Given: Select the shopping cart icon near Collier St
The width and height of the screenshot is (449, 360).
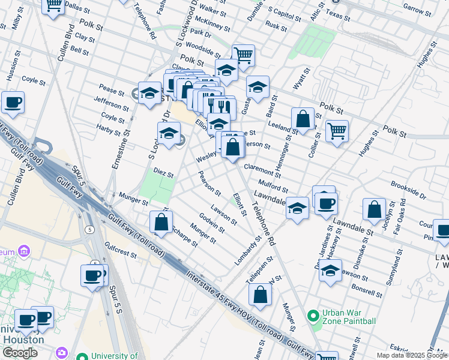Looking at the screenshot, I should click(337, 131).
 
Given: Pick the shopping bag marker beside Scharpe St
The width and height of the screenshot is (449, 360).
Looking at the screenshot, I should click(161, 221).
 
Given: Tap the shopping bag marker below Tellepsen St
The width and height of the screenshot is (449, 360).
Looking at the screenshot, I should click(260, 295).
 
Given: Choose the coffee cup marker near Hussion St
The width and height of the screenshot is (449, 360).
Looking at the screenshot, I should click(12, 102).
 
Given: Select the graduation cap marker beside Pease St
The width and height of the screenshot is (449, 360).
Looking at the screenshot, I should click(149, 93).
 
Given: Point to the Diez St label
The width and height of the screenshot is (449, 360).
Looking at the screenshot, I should click(163, 173).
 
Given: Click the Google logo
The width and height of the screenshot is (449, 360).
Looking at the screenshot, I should click(20, 353).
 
